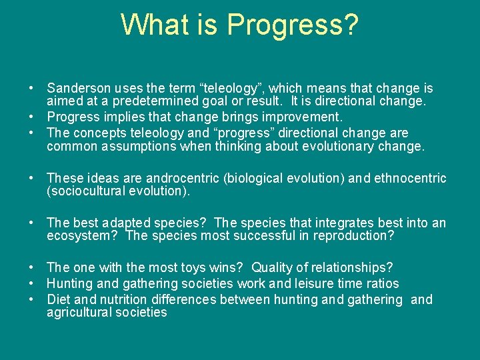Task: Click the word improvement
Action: pos(305,117)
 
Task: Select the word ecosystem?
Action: pos(84,236)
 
